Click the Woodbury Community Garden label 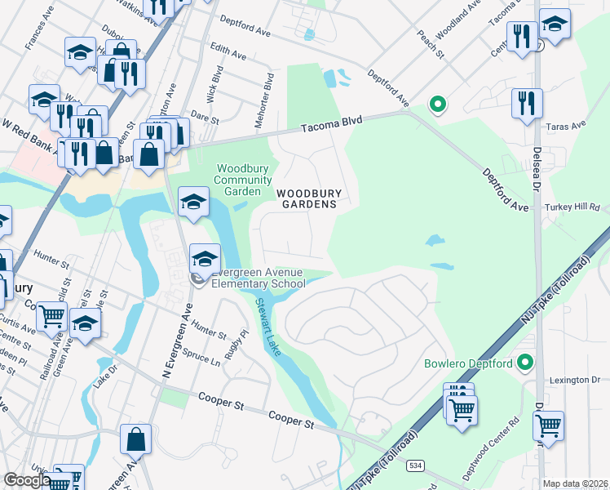click(x=243, y=180)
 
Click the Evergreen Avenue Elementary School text click(x=257, y=278)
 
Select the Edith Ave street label click(x=228, y=52)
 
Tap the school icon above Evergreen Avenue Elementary click(x=192, y=202)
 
